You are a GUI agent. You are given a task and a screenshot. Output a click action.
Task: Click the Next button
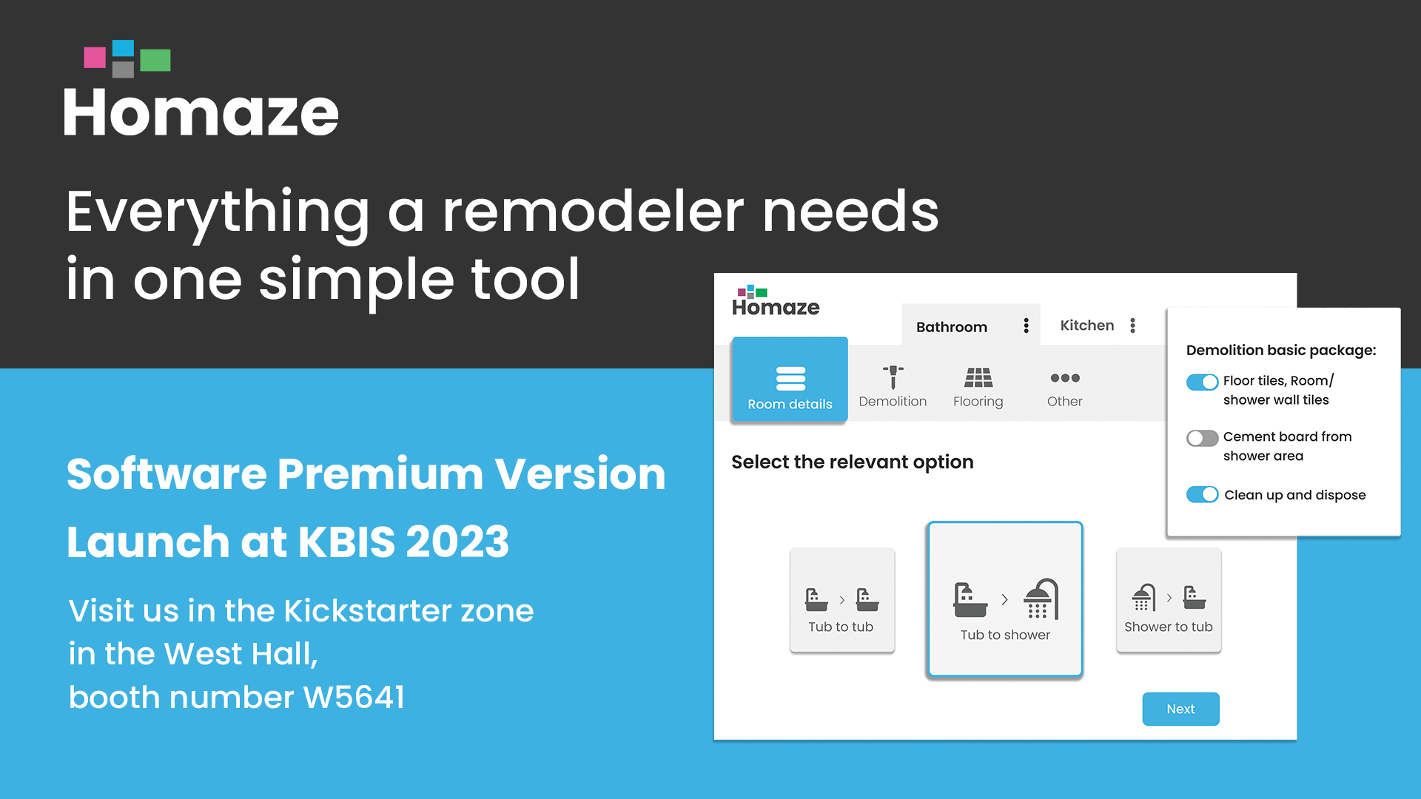pos(1180,709)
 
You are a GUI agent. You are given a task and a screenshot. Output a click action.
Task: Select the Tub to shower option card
pos(1004,599)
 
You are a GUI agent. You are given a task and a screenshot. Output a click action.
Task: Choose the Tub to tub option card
pos(842,600)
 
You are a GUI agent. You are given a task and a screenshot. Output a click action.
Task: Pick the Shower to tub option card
pos(1169,600)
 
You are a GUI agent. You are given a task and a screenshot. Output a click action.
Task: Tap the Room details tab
pos(790,380)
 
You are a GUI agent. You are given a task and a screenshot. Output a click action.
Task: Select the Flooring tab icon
pos(978,377)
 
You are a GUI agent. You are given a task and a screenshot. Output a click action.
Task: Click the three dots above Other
pos(1065,378)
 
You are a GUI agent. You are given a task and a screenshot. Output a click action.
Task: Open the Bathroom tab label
pos(952,327)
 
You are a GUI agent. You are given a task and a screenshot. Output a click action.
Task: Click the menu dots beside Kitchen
pos(1133,326)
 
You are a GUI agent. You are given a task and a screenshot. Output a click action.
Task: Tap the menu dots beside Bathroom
pos(1027,326)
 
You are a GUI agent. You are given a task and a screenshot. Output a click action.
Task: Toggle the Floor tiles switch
pos(1202,382)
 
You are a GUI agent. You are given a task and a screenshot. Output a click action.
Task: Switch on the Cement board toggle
pos(1202,438)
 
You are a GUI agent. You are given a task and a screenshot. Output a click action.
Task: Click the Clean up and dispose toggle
pos(1202,494)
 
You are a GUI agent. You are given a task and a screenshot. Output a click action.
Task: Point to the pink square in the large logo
pos(95,58)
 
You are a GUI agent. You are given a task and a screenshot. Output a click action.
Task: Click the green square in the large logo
pos(155,60)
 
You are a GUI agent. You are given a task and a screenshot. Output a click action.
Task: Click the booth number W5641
pos(355,697)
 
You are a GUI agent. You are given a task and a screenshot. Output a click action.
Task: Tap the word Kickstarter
pos(367,611)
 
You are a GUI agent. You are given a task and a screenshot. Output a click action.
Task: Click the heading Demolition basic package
pos(1281,350)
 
